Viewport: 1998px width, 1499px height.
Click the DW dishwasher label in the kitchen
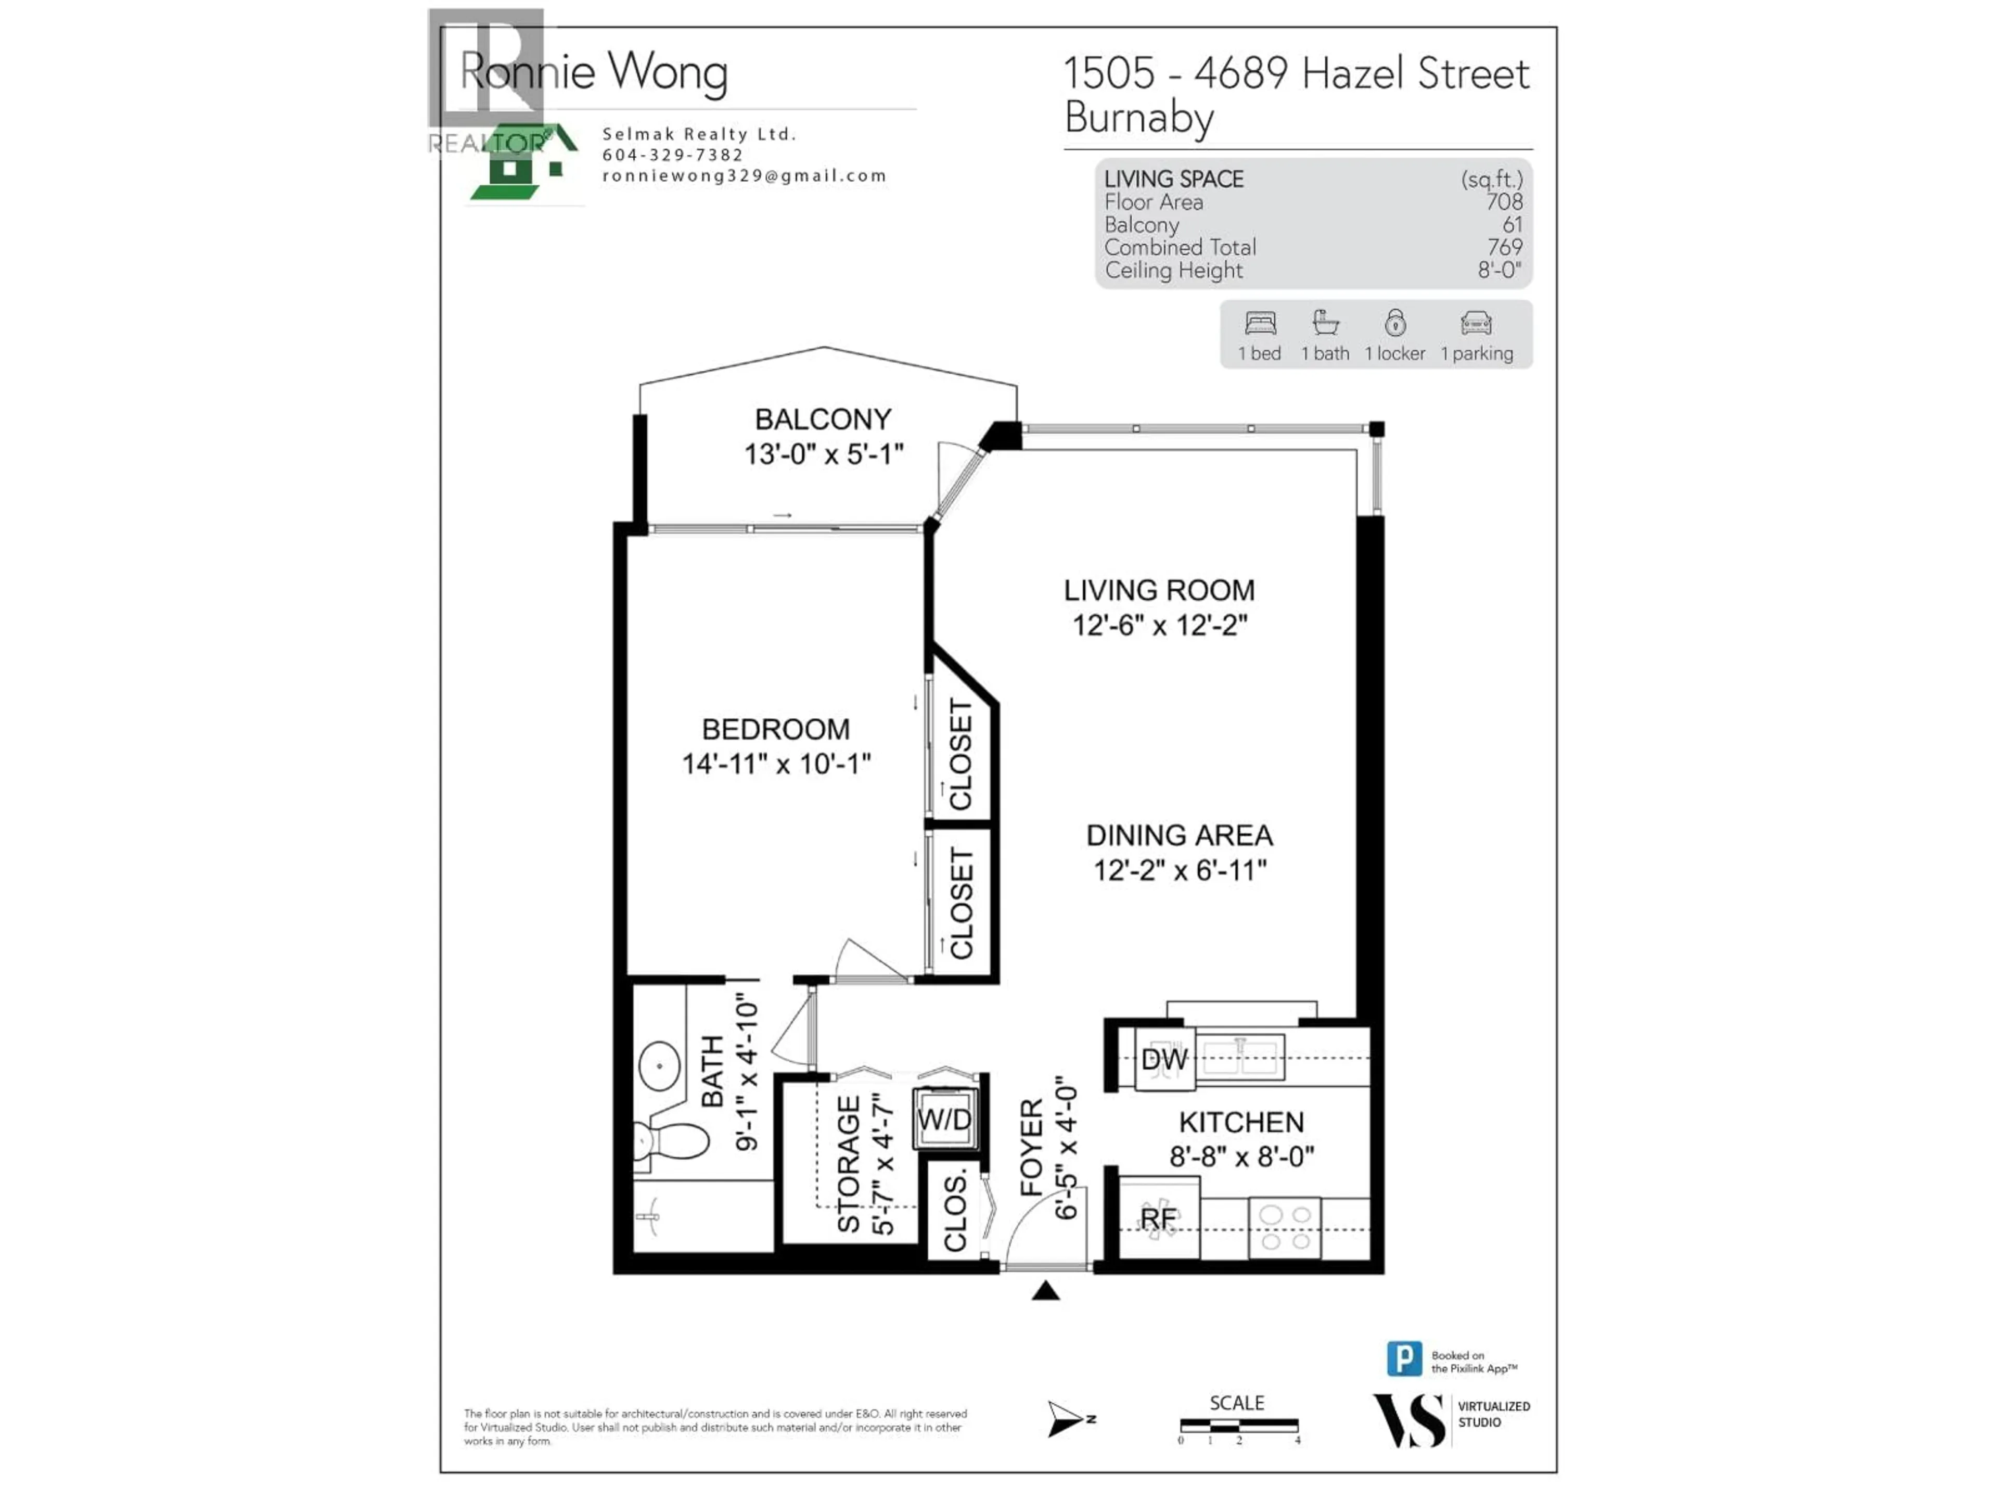pyautogui.click(x=1163, y=1060)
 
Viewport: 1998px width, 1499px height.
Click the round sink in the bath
pyautogui.click(x=659, y=1066)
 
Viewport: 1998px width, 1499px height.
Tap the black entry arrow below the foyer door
pyautogui.click(x=1045, y=1291)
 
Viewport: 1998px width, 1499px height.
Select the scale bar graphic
pyautogui.click(x=1238, y=1426)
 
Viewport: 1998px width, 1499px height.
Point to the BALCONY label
pyautogui.click(x=823, y=419)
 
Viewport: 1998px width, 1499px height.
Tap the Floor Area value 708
pyautogui.click(x=1504, y=202)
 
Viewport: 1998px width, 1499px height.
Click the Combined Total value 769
pyautogui.click(x=1504, y=248)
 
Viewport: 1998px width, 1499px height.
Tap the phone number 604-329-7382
pyautogui.click(x=673, y=155)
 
